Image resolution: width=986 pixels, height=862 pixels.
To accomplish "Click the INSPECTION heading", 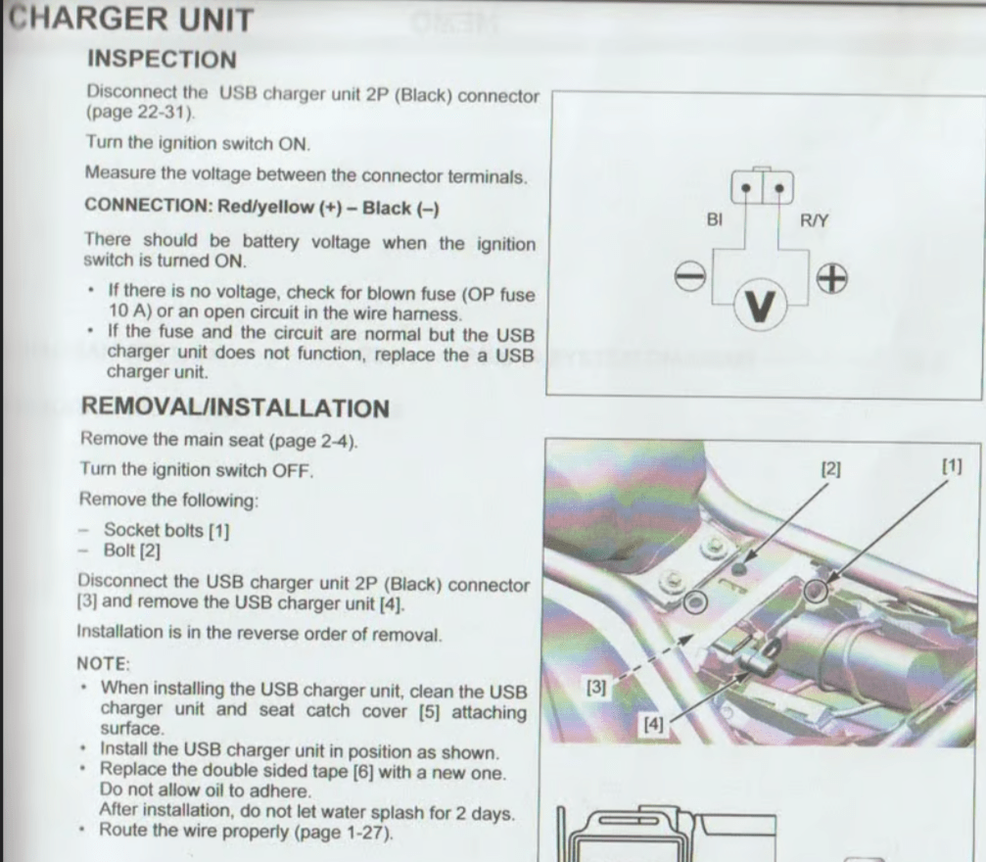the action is [163, 59].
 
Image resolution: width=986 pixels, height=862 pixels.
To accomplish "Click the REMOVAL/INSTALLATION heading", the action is [236, 407].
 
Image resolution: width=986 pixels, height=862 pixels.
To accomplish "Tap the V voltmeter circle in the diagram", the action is [760, 306].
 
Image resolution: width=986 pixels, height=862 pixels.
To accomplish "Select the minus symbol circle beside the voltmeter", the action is [690, 276].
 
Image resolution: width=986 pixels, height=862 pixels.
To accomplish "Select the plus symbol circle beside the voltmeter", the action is [832, 278].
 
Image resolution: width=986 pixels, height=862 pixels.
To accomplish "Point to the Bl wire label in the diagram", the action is [715, 219].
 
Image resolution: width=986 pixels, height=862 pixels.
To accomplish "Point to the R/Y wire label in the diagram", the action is [815, 220].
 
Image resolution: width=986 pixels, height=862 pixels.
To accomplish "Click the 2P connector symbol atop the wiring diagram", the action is [762, 186].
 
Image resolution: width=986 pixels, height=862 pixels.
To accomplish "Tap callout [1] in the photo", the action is [952, 466].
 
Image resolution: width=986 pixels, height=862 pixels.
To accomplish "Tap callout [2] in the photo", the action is [830, 469].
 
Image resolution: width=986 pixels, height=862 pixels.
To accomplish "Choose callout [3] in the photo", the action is [596, 687].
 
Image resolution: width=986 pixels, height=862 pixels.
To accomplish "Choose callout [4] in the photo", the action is [653, 724].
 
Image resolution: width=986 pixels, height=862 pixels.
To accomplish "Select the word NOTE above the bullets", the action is [103, 664].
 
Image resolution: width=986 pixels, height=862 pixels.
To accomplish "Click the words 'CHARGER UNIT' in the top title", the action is [131, 19].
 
